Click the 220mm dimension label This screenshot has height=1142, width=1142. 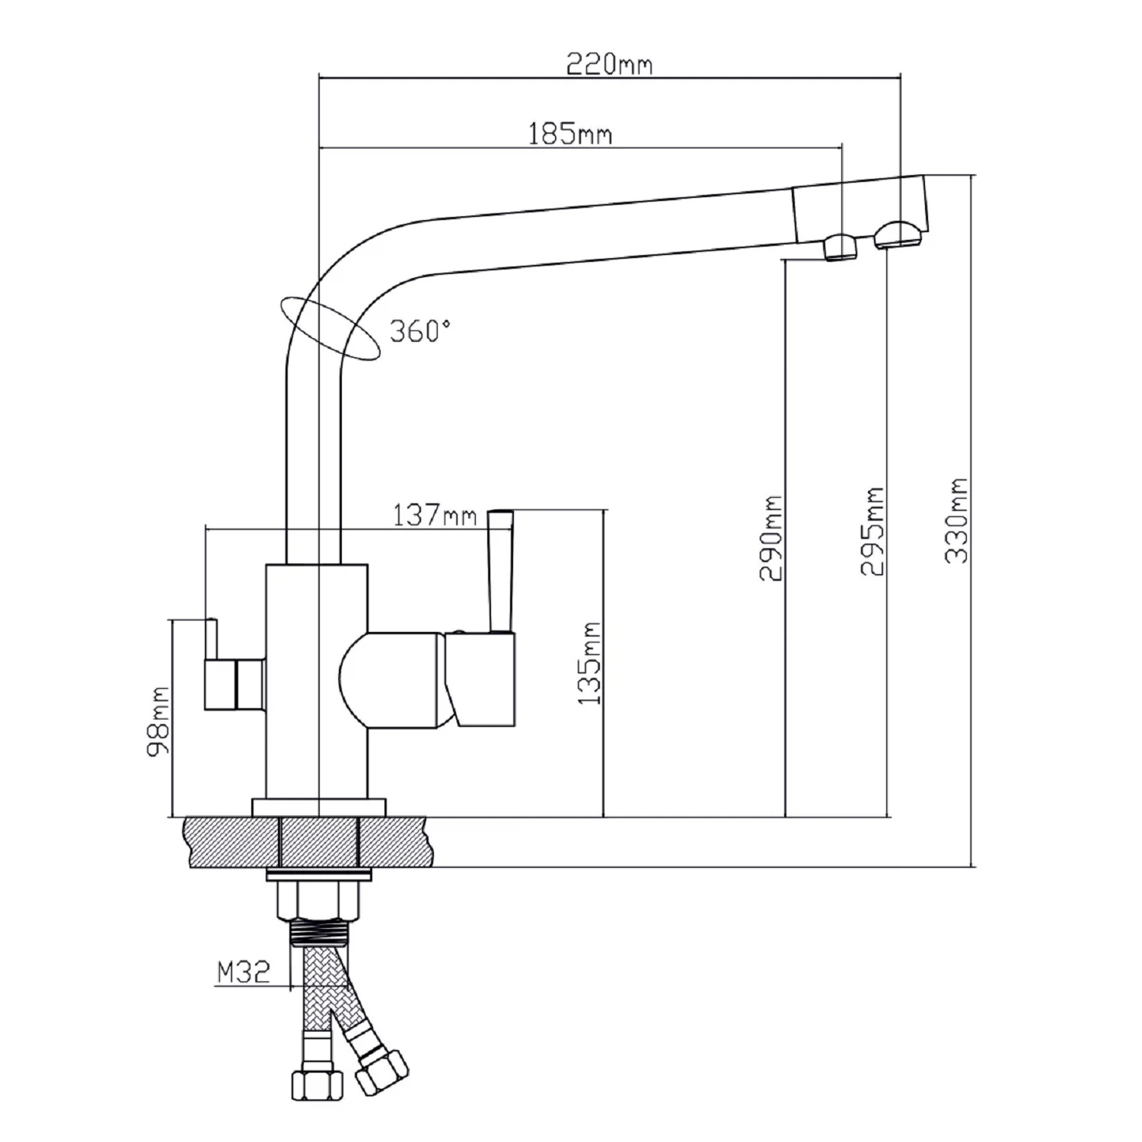click(609, 64)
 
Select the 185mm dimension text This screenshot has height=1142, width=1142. click(570, 134)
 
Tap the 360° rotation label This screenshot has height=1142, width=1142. click(419, 330)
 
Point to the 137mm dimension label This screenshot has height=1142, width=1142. click(435, 515)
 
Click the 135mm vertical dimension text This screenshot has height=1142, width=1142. click(590, 663)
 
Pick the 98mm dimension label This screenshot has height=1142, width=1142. click(158, 722)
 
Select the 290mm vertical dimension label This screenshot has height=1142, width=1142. click(770, 538)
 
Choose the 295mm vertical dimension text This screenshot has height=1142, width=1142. click(872, 531)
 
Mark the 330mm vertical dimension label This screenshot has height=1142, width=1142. click(957, 521)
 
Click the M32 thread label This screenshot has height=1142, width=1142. click(244, 972)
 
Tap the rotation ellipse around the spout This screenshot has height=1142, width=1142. click(330, 327)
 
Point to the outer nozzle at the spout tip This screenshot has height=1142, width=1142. click(899, 235)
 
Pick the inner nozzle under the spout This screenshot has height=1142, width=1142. click(841, 247)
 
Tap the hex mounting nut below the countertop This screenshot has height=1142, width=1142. click(319, 901)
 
